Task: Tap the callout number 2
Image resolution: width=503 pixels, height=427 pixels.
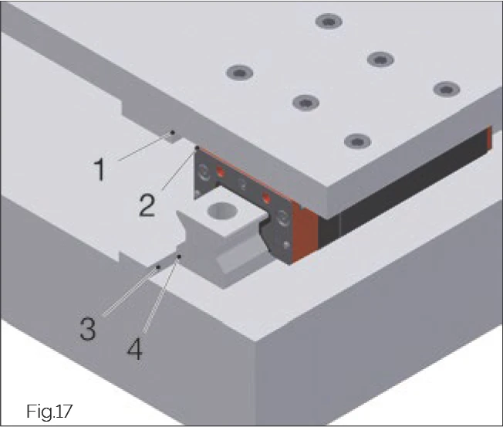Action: (147, 204)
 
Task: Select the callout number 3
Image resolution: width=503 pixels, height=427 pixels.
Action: (87, 328)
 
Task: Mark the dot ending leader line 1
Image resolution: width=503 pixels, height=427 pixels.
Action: (173, 132)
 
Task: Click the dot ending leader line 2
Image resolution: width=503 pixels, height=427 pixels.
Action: (197, 147)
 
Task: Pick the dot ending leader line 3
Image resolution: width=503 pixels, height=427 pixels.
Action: (159, 267)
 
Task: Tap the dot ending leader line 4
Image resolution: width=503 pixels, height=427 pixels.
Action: (179, 255)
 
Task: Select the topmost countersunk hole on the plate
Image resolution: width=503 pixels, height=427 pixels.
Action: (330, 22)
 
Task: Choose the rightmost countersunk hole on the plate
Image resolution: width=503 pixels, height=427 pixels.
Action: (445, 89)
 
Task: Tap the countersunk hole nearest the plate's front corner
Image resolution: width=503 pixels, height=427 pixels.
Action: (354, 141)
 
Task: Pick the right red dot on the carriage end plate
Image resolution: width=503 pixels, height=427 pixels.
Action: (267, 197)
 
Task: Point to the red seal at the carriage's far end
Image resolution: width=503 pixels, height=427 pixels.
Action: (488, 139)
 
